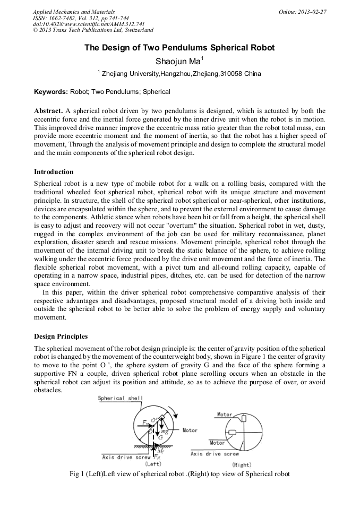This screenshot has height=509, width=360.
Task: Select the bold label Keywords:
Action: [x=51, y=92]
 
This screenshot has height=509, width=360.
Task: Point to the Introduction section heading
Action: [x=54, y=172]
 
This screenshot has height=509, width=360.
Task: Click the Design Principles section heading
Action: [x=61, y=336]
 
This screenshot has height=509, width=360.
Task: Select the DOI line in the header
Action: [x=81, y=24]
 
